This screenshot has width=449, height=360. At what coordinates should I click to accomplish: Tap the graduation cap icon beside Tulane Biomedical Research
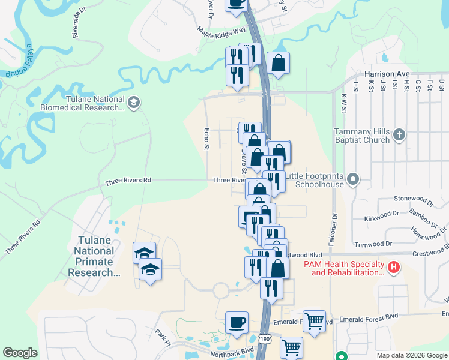pyautogui.click(x=133, y=103)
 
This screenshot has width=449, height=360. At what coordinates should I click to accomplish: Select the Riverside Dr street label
pyautogui.click(x=76, y=26)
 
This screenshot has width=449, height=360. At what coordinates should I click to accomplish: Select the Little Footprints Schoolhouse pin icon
pyautogui.click(x=354, y=179)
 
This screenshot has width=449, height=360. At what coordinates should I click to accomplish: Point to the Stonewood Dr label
pyautogui.click(x=413, y=198)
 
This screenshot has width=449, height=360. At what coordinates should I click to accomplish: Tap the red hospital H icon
pyautogui.click(x=394, y=266)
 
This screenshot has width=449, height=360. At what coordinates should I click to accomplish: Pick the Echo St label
pyautogui.click(x=206, y=139)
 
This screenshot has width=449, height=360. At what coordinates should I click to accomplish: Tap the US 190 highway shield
pyautogui.click(x=265, y=340)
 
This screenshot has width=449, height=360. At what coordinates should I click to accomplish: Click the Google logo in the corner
pyautogui.click(x=20, y=353)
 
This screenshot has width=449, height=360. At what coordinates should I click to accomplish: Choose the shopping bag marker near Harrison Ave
pyautogui.click(x=279, y=62)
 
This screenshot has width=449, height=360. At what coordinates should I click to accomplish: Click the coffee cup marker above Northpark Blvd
pyautogui.click(x=237, y=322)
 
